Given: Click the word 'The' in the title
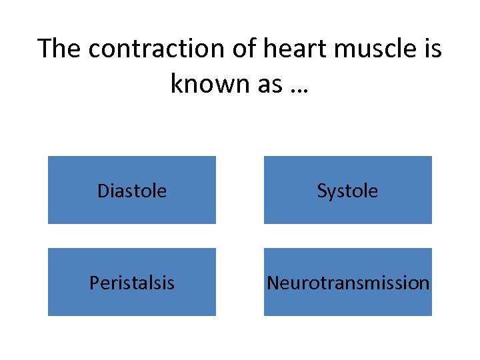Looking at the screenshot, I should coord(59,49).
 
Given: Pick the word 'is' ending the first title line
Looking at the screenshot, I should coord(431,49).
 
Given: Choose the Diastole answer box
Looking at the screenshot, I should coord(132,190).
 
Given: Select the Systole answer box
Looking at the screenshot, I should coord(347,190).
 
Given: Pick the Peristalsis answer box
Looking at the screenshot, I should coord(132,282).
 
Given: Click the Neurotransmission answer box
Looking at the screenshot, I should coord(347,282).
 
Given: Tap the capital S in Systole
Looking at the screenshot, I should coord(321,191).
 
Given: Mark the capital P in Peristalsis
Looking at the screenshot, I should coord(95,283).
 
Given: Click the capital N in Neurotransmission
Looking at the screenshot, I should coord(273,283).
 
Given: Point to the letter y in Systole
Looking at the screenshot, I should coord(331,193).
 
